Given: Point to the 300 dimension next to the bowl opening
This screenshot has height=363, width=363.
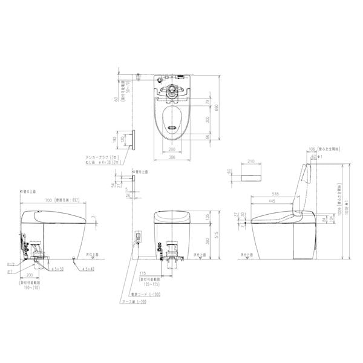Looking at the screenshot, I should [207, 120].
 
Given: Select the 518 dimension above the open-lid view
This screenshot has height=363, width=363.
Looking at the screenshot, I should [278, 189].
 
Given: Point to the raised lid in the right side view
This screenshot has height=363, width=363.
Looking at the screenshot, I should [305, 181].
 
